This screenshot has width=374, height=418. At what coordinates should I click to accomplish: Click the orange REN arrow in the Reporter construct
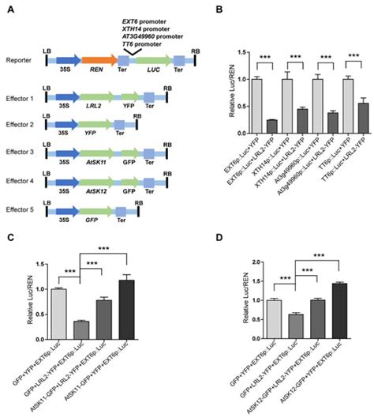click(97, 60)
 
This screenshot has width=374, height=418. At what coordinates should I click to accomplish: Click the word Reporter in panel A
click(18, 60)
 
